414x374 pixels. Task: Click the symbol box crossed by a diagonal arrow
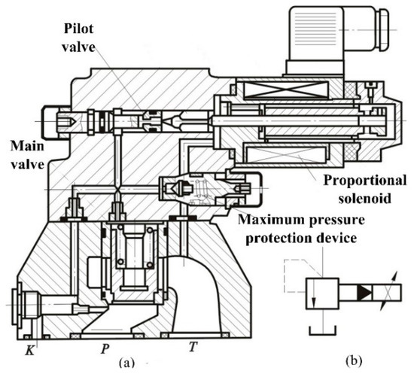tap(381, 291)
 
